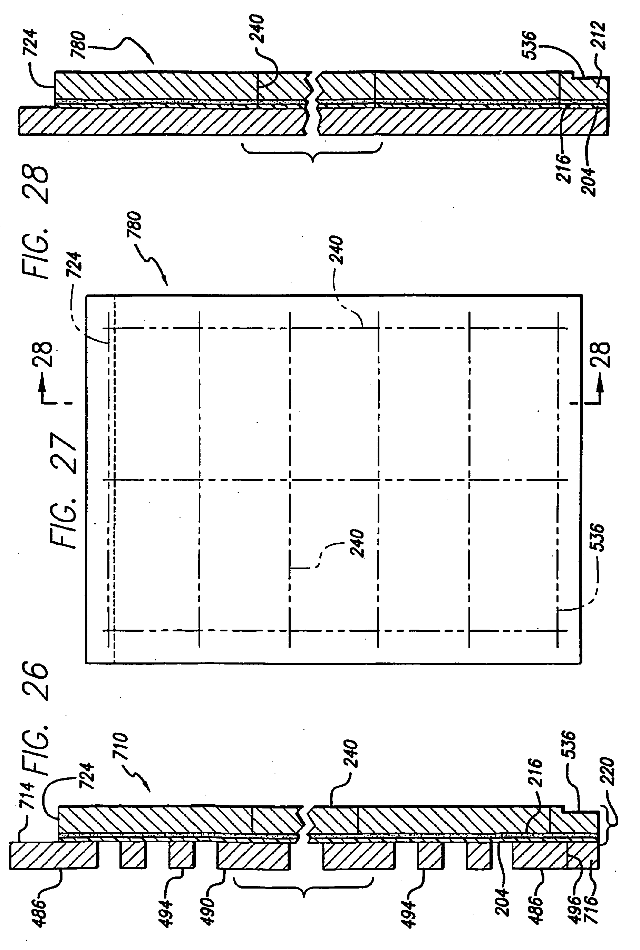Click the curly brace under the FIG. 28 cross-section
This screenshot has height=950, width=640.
tap(312, 152)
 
